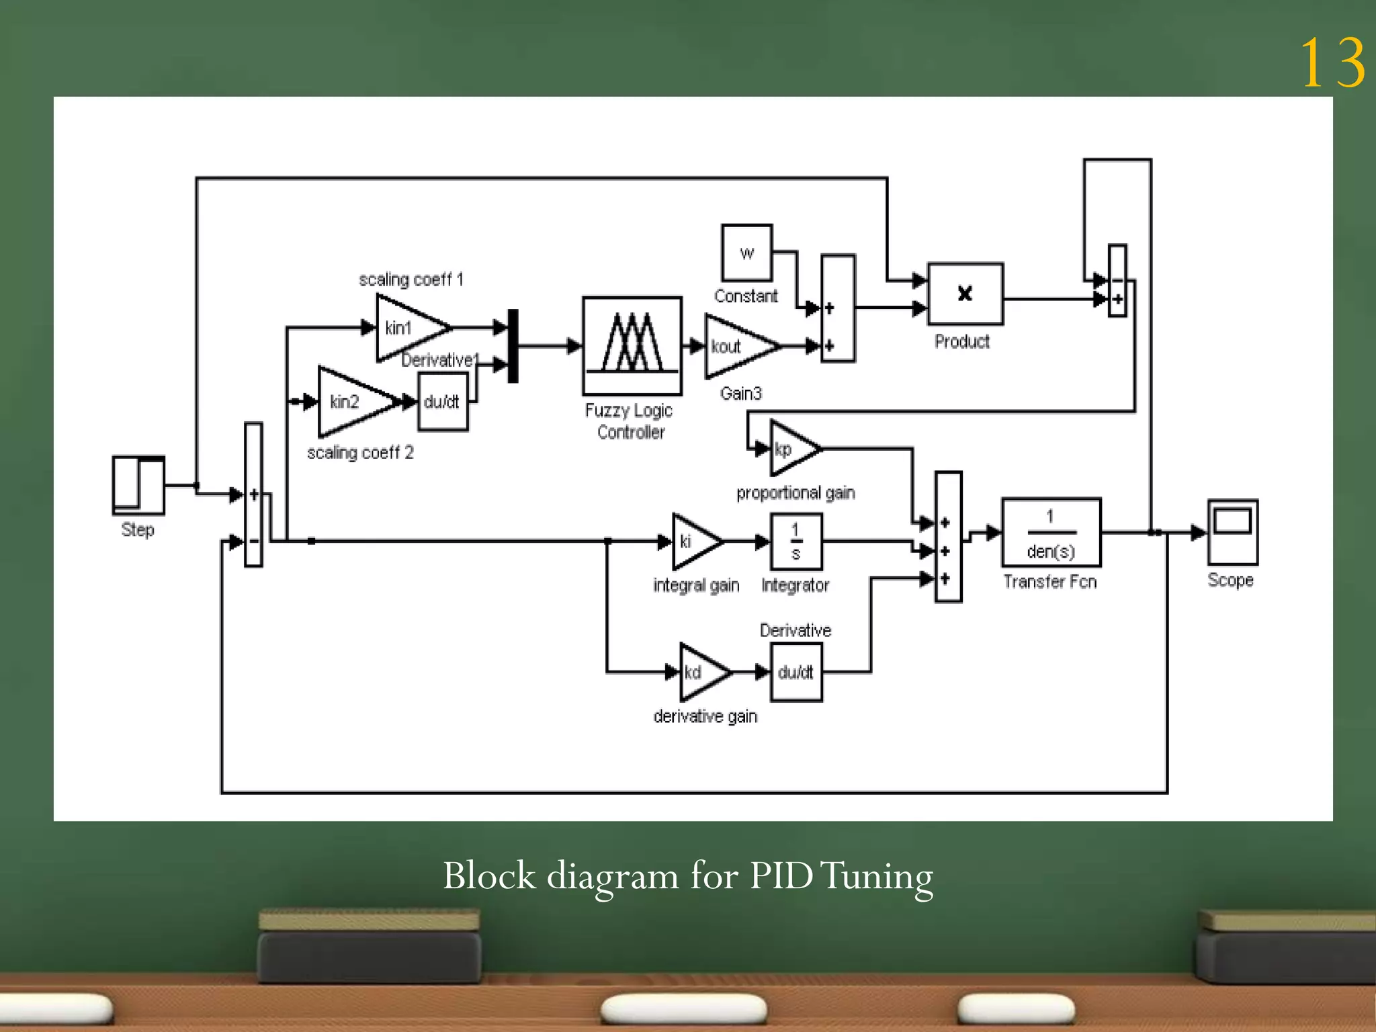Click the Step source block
(138, 485)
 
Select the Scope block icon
(1232, 532)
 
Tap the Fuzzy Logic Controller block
(632, 345)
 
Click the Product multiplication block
(965, 294)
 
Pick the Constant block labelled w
(746, 253)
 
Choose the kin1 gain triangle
(406, 328)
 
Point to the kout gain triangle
(735, 347)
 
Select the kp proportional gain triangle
(790, 449)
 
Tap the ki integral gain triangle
(692, 541)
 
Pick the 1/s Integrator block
(796, 542)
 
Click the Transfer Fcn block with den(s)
(1051, 533)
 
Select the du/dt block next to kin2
(442, 402)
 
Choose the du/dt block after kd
(796, 672)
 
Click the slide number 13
(1332, 64)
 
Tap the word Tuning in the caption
(877, 877)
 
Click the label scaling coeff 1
(411, 279)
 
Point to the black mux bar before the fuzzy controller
(513, 346)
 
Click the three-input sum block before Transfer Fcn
(948, 537)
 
